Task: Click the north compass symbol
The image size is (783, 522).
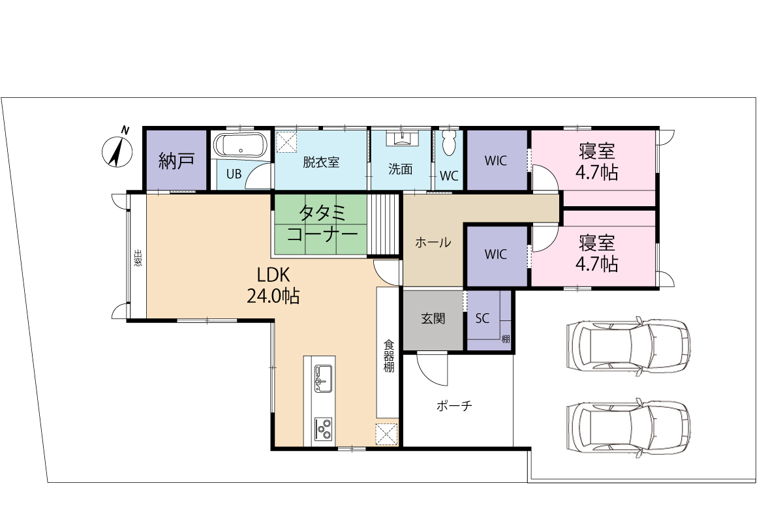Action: click(117, 150)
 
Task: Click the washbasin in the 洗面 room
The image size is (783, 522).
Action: click(401, 138)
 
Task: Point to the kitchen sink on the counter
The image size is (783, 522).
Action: click(324, 378)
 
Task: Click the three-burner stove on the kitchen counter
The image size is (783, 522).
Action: click(324, 429)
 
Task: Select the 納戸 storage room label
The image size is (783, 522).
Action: click(176, 161)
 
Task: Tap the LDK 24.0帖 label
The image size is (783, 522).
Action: click(273, 285)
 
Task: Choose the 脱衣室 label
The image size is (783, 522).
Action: click(321, 162)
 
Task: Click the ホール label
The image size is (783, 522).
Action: click(433, 242)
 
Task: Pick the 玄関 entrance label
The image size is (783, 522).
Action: click(433, 318)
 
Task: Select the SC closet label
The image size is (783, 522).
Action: click(482, 318)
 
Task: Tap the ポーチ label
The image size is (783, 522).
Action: click(454, 406)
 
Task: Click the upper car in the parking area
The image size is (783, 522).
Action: click(628, 346)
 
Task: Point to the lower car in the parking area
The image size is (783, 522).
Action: click(628, 427)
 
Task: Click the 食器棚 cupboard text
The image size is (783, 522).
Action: click(389, 356)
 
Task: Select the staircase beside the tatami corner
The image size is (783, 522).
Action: click(383, 224)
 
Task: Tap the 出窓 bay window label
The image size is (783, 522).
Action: click(138, 257)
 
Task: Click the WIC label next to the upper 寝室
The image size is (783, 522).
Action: click(496, 161)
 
